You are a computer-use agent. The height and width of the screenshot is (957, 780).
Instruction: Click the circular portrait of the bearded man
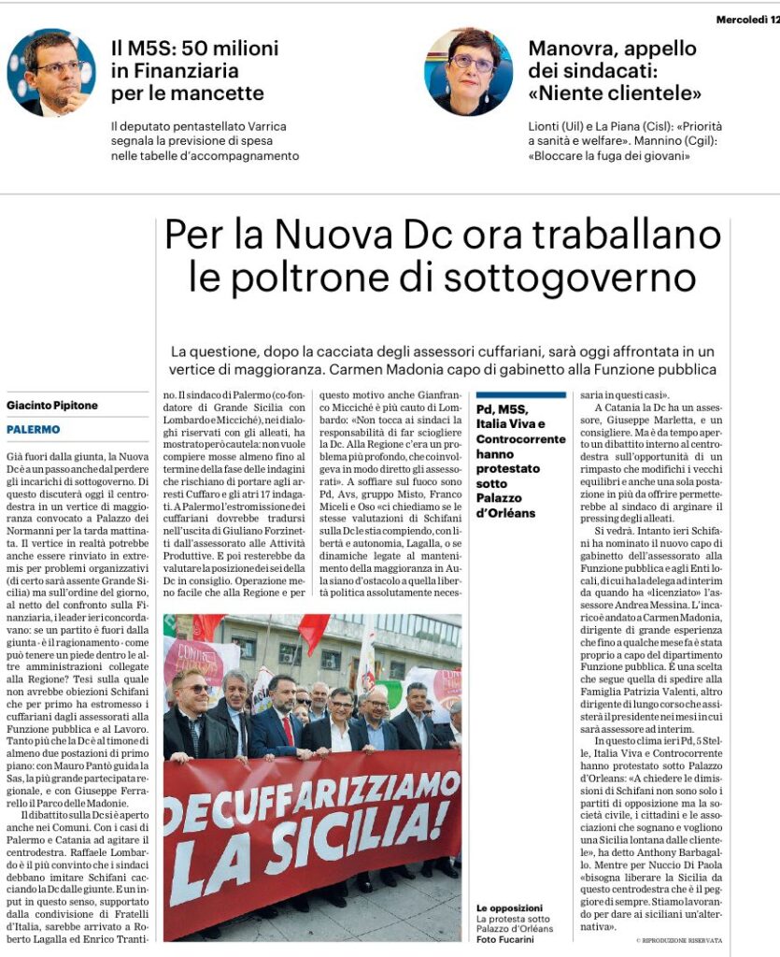pos(50,72)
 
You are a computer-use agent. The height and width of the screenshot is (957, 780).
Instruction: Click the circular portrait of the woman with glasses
pos(468,72)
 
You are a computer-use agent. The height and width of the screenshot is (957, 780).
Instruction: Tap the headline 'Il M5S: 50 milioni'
pos(194,48)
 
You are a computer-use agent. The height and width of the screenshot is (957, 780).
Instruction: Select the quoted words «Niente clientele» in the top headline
pos(615,93)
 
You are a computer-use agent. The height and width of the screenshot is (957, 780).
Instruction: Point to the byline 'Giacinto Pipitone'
pos(52,406)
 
